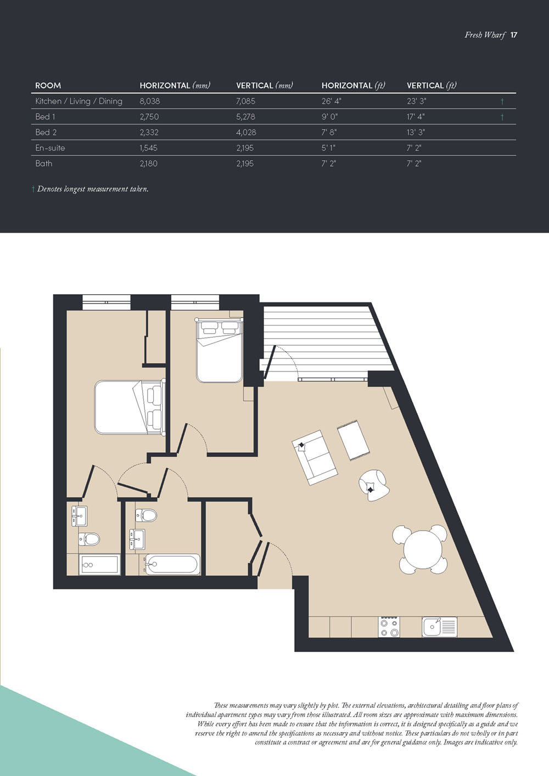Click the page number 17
pyautogui.click(x=514, y=35)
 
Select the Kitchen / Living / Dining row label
pyautogui.click(x=79, y=101)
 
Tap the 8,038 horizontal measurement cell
pyautogui.click(x=150, y=101)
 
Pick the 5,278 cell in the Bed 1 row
pyautogui.click(x=245, y=117)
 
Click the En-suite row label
pyautogui.click(x=50, y=148)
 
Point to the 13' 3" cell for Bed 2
pyautogui.click(x=416, y=132)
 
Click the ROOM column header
pyautogui.click(x=48, y=86)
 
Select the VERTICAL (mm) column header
pyautogui.click(x=264, y=86)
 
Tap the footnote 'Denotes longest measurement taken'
pyautogui.click(x=92, y=189)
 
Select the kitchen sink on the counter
pyautogui.click(x=439, y=627)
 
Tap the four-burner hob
pyautogui.click(x=389, y=627)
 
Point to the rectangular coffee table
pyautogui.click(x=354, y=440)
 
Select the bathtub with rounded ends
pyautogui.click(x=172, y=564)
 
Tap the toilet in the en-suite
pyautogui.click(x=89, y=539)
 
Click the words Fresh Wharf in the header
pyautogui.click(x=485, y=35)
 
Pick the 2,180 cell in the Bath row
pyautogui.click(x=148, y=164)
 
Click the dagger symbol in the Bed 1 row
pyautogui.click(x=502, y=117)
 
